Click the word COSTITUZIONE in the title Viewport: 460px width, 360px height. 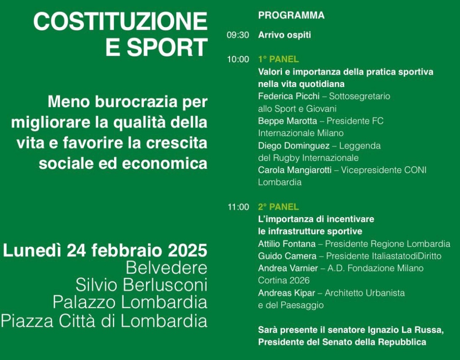pos(121,21)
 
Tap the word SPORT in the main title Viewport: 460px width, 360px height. pos(167,47)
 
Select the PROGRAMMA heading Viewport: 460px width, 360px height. pos(291,15)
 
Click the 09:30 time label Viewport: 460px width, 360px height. pos(238,35)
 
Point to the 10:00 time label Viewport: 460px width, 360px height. pos(238,59)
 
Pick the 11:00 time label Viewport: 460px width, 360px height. pos(238,207)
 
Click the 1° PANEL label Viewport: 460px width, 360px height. pos(279,59)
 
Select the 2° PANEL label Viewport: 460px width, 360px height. pos(279,207)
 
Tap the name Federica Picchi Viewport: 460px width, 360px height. pos(289,96)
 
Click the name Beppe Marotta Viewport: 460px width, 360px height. pos(287,121)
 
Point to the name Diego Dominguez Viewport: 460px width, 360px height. pos(293,146)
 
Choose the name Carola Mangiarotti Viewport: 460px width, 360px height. pos(295,170)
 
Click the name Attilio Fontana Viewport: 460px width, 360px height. pos(287,244)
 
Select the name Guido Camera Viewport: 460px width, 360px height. pos(287,256)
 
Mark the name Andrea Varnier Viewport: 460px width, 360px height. pos(288,268)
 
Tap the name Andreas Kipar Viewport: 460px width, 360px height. pos(287,293)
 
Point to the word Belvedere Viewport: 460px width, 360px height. pos(167,268)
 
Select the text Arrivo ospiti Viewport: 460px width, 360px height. pos(285,35)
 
